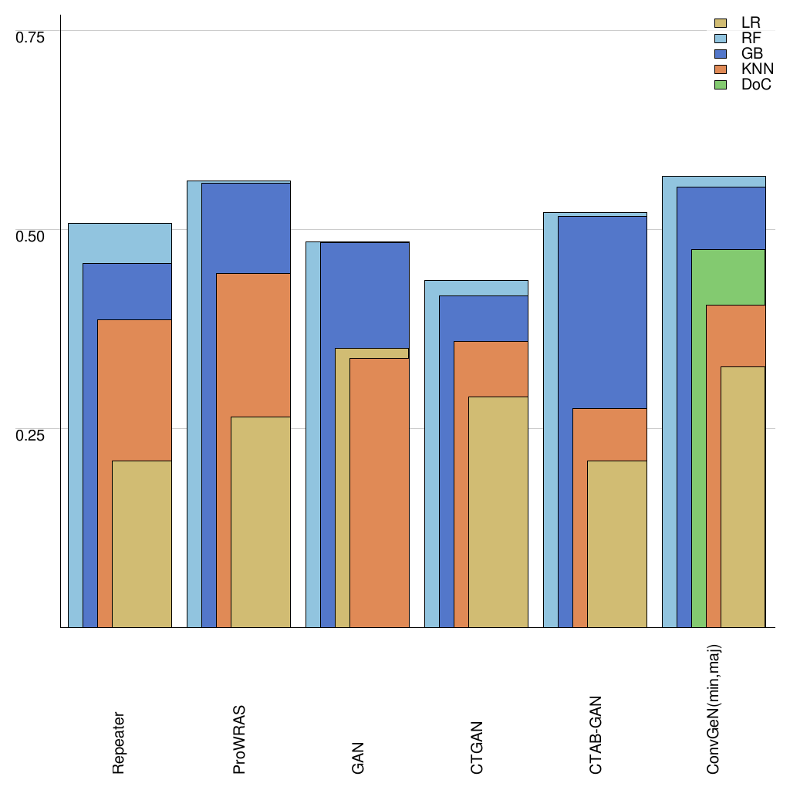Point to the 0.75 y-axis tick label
coord(31,37)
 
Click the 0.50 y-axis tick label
coord(31,235)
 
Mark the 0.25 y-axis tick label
coord(31,434)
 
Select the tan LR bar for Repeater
coord(142,544)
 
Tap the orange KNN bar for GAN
coord(380,494)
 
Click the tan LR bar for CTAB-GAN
coord(617,544)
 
